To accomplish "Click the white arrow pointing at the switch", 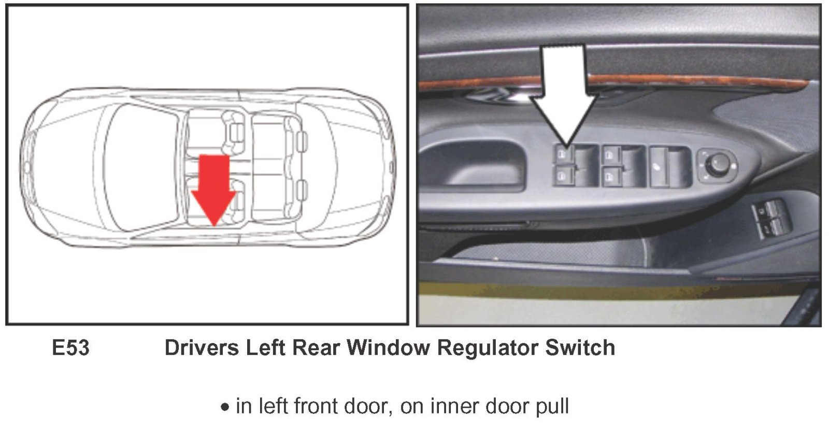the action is (564, 94).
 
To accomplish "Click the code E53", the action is (70, 348).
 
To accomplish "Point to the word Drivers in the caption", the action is (202, 348).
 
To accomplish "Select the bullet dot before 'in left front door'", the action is (225, 407).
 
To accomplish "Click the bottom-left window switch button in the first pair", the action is (563, 175).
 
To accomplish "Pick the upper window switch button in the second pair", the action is (612, 155).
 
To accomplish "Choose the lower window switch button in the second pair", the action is (612, 176).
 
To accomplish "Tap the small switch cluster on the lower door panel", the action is (771, 218).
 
